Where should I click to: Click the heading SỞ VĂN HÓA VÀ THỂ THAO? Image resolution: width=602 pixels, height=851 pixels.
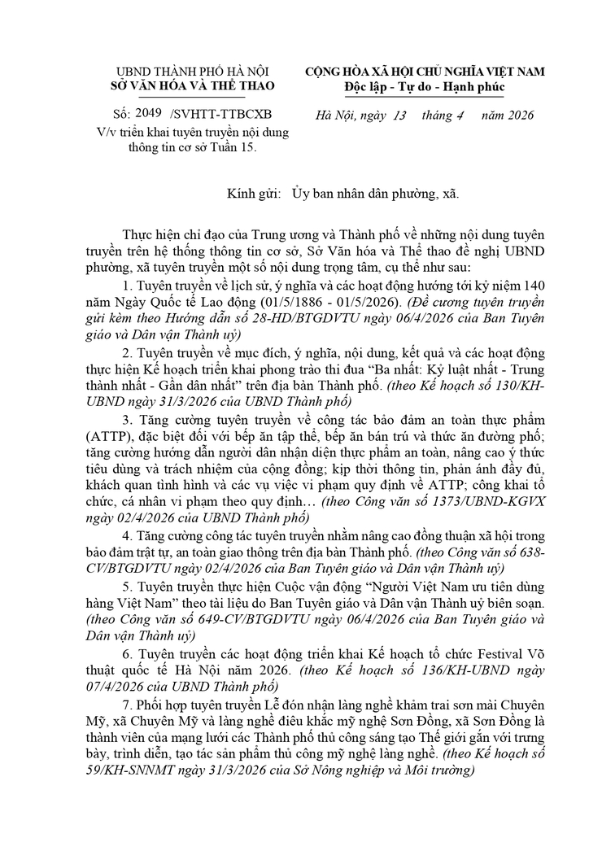(192, 85)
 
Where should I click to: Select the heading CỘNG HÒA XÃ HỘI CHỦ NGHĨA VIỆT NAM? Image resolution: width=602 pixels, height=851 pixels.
(425, 72)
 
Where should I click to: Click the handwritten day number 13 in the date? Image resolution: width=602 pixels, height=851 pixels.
(399, 115)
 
